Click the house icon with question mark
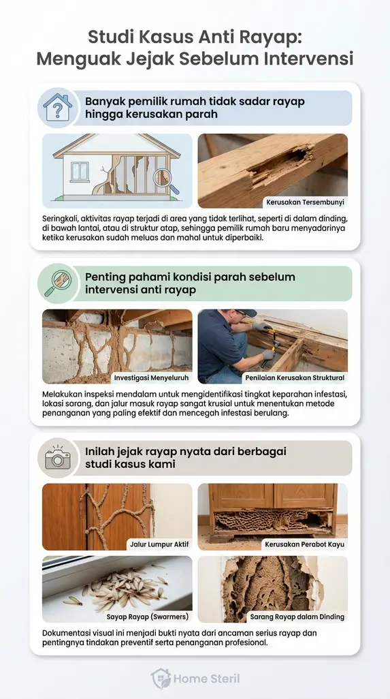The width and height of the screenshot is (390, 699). pyautogui.click(x=58, y=108)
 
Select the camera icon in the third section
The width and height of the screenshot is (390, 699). pyautogui.click(x=58, y=458)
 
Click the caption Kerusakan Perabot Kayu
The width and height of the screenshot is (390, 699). pyautogui.click(x=304, y=544)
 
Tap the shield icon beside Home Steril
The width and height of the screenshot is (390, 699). pyautogui.click(x=161, y=679)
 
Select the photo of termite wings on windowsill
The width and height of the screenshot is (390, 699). pyautogui.click(x=117, y=589)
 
